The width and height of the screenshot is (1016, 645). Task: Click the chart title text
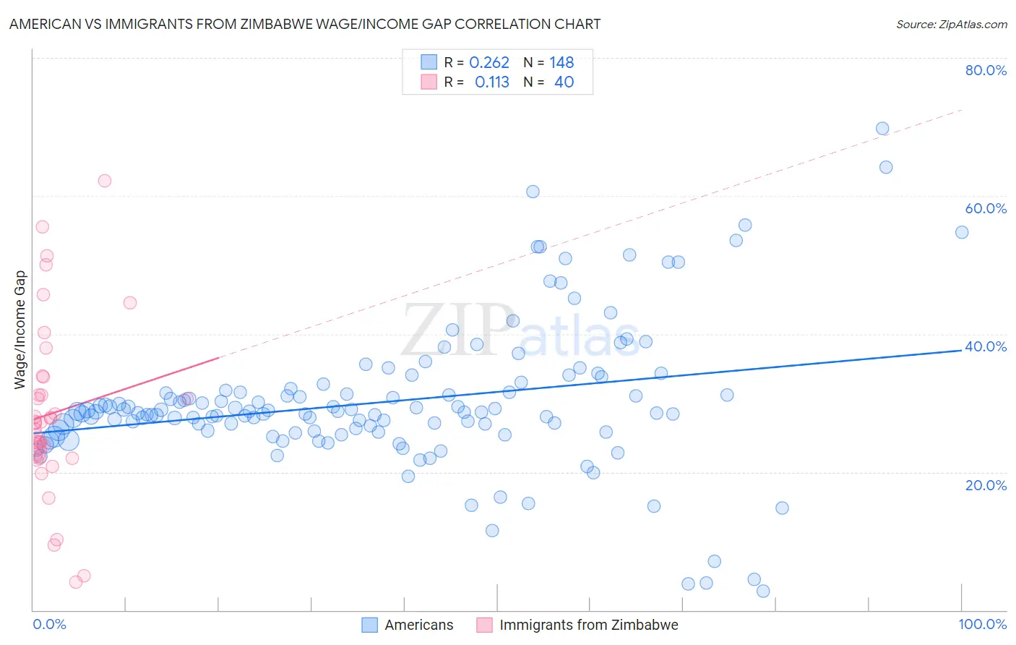coord(304,25)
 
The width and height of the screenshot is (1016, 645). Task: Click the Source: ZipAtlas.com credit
coord(951,25)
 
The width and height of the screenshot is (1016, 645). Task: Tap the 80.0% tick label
coord(986,70)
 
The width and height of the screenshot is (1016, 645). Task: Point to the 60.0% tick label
coord(986,208)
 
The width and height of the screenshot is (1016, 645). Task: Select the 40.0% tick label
coord(986,346)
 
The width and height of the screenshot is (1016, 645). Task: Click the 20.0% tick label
coord(986,485)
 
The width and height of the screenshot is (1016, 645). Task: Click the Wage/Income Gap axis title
coord(20,330)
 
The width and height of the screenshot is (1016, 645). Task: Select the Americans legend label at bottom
coord(418,625)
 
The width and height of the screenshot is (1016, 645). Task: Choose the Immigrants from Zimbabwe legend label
coord(588,625)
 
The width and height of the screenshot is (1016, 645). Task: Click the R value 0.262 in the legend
coord(489,63)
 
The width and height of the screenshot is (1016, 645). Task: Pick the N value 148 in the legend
coord(561,63)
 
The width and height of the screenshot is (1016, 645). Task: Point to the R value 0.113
coord(492,82)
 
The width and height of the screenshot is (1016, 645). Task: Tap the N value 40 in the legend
coord(564,82)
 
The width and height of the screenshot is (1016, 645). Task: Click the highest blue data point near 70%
coord(882,129)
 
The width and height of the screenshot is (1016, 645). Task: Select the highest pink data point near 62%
coord(105,181)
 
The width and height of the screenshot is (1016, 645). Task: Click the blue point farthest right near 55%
coord(962,232)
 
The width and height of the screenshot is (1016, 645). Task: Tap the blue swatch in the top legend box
coord(429,62)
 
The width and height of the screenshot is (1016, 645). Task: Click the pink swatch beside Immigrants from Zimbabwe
coord(484,625)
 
